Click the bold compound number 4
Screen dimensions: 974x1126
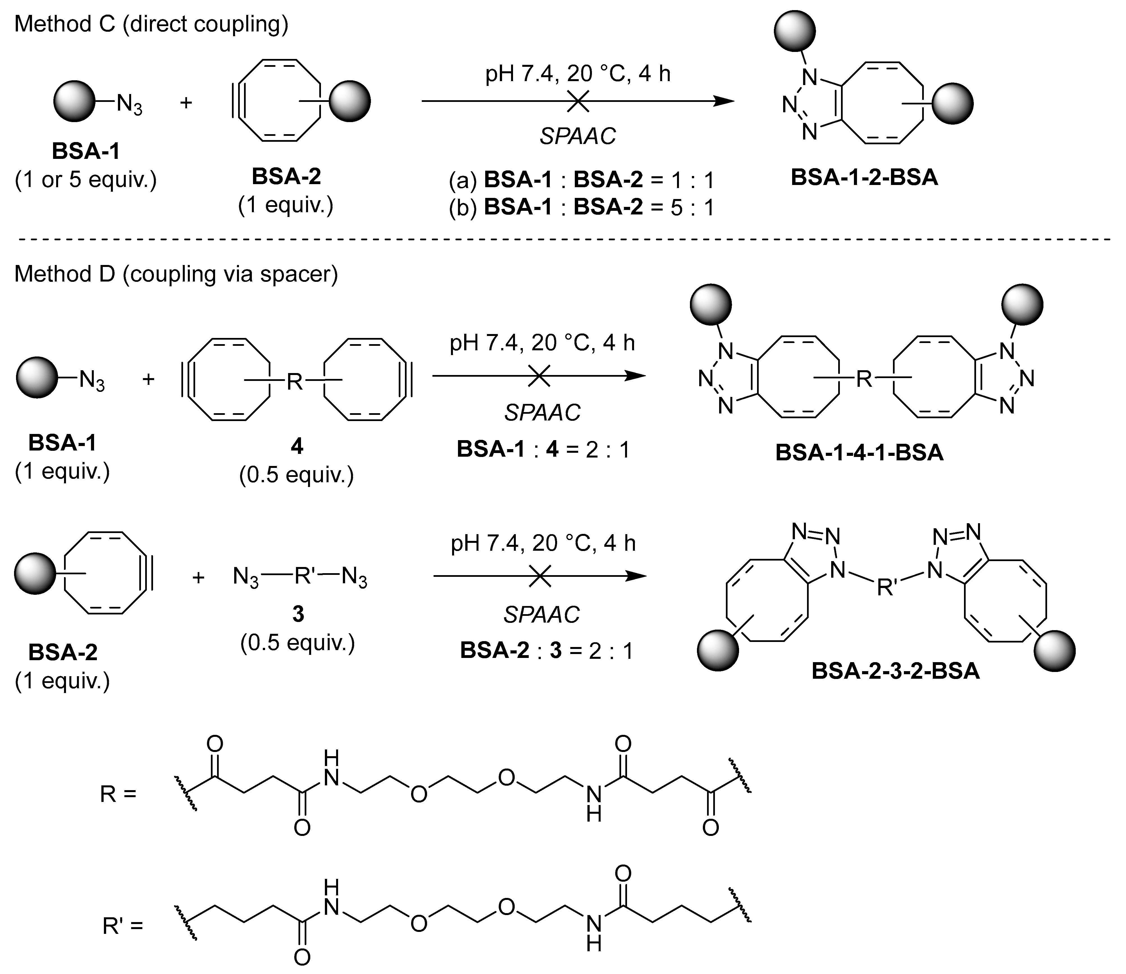click(x=297, y=447)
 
